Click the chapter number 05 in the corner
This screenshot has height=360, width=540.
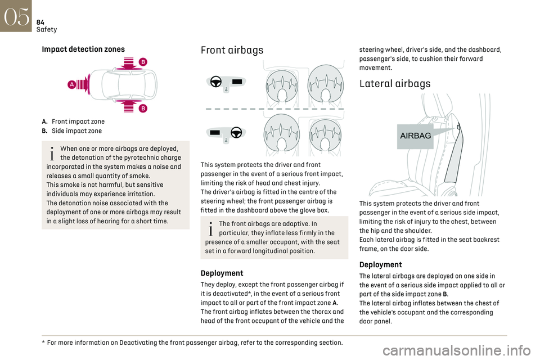click(x=16, y=16)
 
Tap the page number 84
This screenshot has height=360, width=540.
click(x=40, y=22)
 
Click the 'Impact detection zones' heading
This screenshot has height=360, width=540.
click(x=83, y=49)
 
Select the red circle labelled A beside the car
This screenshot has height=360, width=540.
click(x=71, y=84)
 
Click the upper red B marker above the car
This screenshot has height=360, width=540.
click(x=143, y=62)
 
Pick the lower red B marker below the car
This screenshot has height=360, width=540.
click(x=143, y=109)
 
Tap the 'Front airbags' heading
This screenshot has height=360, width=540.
click(x=232, y=50)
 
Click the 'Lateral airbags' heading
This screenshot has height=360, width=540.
click(x=395, y=84)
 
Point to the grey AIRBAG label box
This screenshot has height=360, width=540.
click(x=415, y=137)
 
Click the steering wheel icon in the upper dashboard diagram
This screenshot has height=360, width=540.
click(x=216, y=82)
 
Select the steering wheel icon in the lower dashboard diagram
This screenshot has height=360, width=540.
click(x=236, y=133)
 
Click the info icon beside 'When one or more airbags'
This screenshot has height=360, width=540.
click(x=52, y=154)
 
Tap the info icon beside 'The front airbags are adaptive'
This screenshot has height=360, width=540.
click(x=211, y=229)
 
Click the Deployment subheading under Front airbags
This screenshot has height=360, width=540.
click(x=222, y=273)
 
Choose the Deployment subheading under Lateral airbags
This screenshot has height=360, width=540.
click(x=381, y=264)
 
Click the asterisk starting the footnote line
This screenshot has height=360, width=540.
click(x=44, y=342)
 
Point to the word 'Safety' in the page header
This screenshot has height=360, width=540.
click(x=47, y=30)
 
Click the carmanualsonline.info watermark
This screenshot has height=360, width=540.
click(x=456, y=350)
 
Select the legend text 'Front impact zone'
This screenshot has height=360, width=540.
click(x=78, y=121)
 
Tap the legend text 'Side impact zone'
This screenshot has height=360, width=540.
click(x=77, y=130)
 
